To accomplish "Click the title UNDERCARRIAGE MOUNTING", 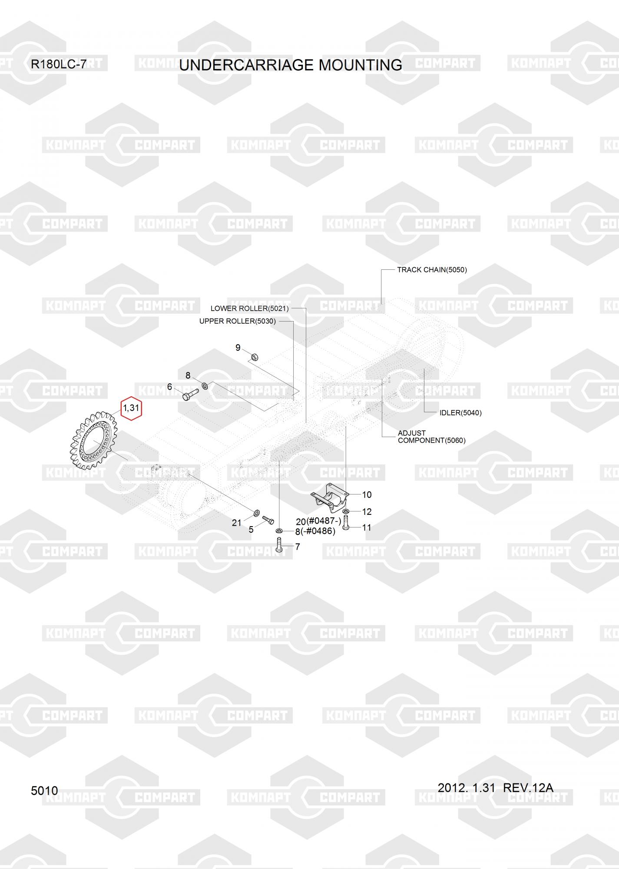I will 290,65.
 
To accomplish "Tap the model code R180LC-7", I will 59,65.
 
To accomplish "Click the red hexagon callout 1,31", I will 131,408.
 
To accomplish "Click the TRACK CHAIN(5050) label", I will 432,270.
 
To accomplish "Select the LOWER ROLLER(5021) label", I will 249,308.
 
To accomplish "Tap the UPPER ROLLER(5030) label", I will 237,321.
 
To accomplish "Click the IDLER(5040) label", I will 460,413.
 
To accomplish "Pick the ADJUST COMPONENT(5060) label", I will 431,437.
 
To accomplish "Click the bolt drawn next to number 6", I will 190,394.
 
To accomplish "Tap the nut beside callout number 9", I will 255,357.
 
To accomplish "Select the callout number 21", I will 236,523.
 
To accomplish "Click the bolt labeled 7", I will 279,544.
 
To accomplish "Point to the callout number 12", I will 367,511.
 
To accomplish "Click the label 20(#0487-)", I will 318,521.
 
